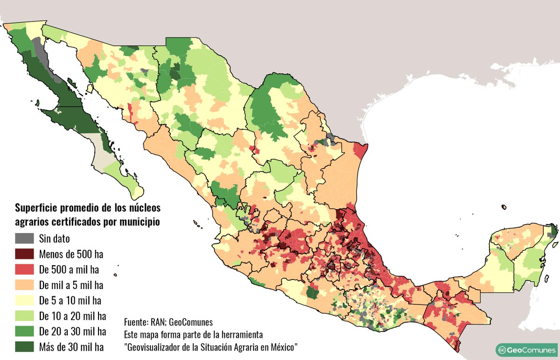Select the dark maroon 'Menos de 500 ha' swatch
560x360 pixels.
pos(24,254)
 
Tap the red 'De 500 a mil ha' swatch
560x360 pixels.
pos(24,269)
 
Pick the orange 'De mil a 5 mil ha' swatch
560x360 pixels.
pos(24,285)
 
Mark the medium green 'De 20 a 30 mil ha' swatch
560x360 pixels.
pos(24,331)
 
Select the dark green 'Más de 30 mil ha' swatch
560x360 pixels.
pos(24,346)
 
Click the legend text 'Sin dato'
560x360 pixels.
pos(55,239)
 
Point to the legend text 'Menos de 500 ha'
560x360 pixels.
pos(71,254)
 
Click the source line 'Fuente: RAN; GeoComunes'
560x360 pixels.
pos(168,322)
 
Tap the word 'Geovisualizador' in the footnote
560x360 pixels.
pos(157,347)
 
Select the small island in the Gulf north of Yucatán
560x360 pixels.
pos(504,207)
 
